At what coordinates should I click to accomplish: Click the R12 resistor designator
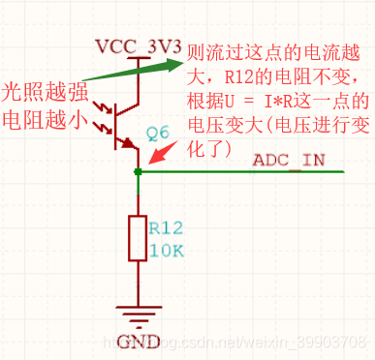[x=166, y=228]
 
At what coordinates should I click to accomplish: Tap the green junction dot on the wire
[x=139, y=172]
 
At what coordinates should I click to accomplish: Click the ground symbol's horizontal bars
[x=139, y=315]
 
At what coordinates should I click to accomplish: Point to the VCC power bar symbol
[x=139, y=60]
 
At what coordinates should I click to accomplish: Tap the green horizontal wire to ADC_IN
[x=242, y=172]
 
